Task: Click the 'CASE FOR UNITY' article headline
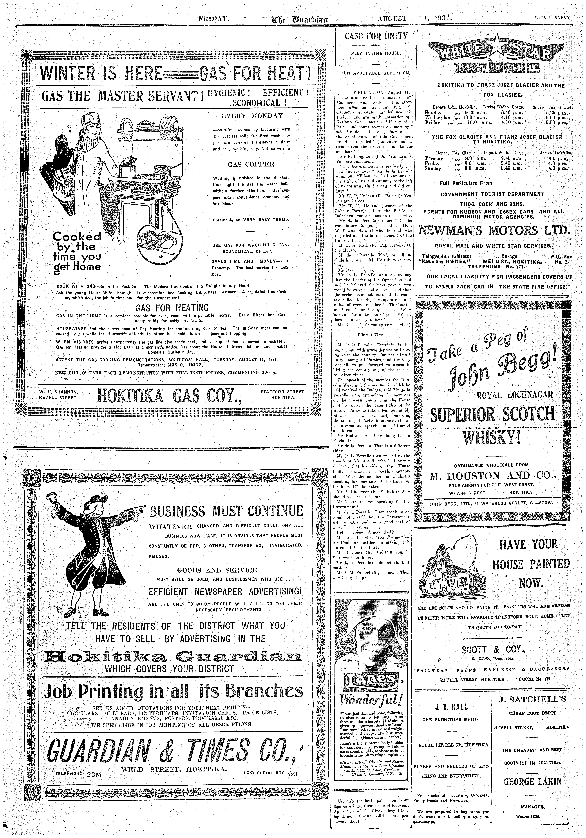click(x=376, y=36)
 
